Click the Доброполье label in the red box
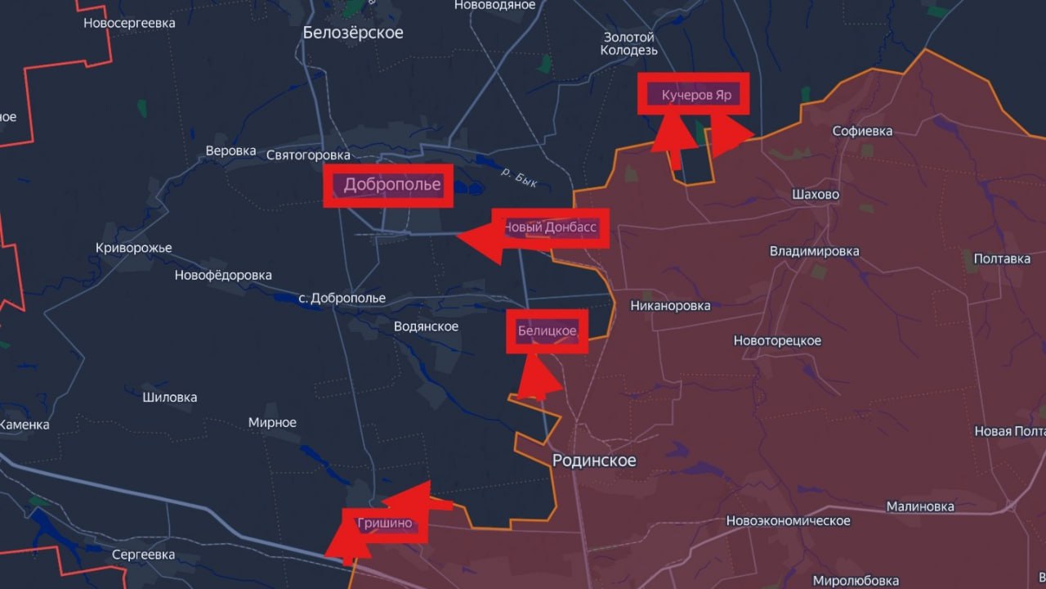point(391,185)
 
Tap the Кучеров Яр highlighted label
point(695,96)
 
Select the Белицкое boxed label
point(547,331)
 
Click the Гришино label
point(385,524)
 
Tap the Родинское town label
point(594,461)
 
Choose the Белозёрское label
point(353,33)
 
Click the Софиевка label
point(862,131)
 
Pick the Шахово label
point(816,195)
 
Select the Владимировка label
point(814,251)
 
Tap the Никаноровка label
point(670,306)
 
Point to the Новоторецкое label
point(777,340)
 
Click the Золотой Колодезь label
point(629,44)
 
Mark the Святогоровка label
point(308,155)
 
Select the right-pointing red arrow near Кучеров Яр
point(730,135)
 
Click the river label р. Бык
point(519,177)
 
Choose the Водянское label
point(426,326)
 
